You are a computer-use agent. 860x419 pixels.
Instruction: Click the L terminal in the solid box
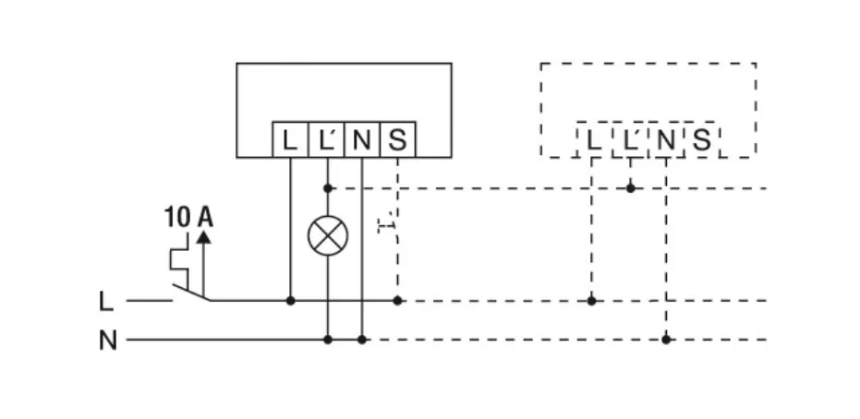point(290,140)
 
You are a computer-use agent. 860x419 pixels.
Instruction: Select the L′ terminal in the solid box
point(325,140)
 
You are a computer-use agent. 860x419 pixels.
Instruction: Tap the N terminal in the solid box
point(361,140)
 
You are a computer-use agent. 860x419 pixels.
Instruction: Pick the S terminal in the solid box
point(397,140)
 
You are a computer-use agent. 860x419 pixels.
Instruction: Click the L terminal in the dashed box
point(592,140)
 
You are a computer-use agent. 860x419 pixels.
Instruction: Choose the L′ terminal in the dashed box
point(629,140)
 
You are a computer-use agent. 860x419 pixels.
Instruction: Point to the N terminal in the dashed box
point(665,140)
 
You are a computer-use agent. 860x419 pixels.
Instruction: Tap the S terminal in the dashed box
point(701,140)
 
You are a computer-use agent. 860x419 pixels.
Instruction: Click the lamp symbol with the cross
point(328,236)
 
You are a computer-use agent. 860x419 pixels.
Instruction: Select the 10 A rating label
point(188,218)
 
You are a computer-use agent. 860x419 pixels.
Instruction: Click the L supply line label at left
point(106,301)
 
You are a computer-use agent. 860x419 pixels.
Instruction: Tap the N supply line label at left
point(108,341)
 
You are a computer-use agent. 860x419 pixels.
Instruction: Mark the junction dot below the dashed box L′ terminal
point(630,188)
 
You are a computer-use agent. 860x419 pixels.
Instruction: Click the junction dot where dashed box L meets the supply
point(592,301)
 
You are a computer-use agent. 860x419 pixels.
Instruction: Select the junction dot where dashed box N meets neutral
point(666,340)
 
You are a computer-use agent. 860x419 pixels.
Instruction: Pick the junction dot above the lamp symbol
point(328,188)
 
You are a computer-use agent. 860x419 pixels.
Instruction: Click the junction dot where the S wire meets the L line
point(397,301)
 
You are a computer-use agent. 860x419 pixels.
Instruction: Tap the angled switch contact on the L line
point(191,294)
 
